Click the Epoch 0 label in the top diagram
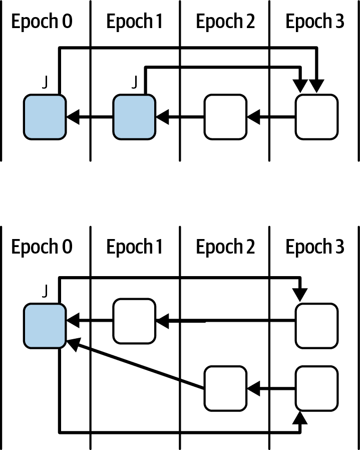point(43,22)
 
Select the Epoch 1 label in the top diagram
point(134,22)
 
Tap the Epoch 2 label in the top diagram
point(225,22)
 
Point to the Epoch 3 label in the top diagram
point(315,22)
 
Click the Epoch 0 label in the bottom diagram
point(43,247)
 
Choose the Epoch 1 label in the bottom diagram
point(134,247)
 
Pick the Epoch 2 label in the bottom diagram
point(225,247)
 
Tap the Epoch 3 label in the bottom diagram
point(315,247)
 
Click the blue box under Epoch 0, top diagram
point(45,117)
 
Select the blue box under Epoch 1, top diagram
point(134,117)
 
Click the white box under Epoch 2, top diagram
point(225,117)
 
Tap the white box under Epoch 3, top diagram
point(316,117)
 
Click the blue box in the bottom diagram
point(45,326)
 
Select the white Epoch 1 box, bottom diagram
point(134,321)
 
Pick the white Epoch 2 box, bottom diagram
point(225,388)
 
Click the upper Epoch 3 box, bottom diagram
point(316,325)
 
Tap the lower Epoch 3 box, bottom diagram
point(316,388)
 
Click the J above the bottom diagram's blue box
point(45,291)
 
